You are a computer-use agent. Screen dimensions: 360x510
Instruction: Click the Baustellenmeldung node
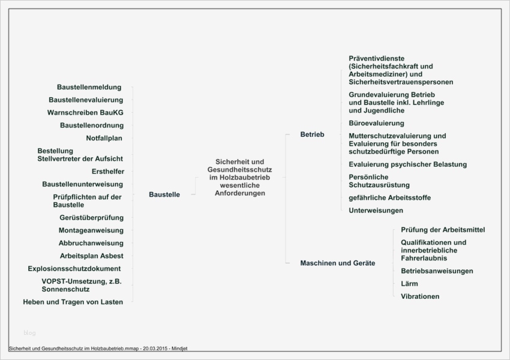point(89,87)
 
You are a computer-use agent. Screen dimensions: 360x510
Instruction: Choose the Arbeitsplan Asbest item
point(91,256)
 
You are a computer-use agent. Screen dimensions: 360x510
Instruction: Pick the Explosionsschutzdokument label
point(74,268)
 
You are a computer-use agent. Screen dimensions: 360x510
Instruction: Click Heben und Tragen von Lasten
point(73,302)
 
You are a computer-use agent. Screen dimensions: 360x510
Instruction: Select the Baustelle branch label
point(164,194)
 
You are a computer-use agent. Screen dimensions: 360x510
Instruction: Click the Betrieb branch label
point(312,134)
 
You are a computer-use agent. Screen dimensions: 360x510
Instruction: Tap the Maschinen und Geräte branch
point(337,263)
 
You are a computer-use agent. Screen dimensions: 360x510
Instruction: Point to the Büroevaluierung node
point(376,123)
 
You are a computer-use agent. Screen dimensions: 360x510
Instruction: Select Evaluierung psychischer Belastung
point(407,164)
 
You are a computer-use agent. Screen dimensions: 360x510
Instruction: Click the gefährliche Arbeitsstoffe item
point(389,197)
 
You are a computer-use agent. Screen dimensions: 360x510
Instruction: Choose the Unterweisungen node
point(376,210)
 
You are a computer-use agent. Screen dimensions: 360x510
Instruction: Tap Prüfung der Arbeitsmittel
point(443,230)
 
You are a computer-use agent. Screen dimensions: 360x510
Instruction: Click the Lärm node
point(409,283)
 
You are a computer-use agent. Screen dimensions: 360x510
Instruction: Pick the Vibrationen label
point(420,296)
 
